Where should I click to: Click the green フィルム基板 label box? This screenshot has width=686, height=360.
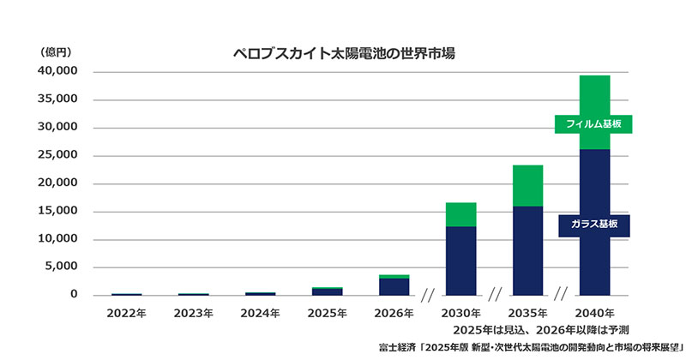tap(593, 124)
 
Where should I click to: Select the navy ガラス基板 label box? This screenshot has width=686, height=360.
tap(593, 225)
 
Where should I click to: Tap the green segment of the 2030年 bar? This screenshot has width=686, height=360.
tap(460, 214)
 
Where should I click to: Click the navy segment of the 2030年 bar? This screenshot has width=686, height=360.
tap(460, 261)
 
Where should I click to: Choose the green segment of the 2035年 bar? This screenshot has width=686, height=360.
tap(527, 185)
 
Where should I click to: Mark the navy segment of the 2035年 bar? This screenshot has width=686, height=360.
tap(527, 250)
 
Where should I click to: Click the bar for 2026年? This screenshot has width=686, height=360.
tap(394, 285)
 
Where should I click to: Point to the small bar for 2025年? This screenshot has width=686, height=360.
tap(327, 291)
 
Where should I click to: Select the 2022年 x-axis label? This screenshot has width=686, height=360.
tap(126, 313)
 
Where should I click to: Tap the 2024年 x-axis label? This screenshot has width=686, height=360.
tap(260, 313)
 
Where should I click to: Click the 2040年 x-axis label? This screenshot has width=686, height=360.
tap(594, 313)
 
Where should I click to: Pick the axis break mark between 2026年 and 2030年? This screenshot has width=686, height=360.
tap(428, 295)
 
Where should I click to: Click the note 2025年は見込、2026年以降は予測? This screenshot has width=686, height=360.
tap(542, 330)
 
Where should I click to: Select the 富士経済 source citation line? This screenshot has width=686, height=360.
tap(530, 347)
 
